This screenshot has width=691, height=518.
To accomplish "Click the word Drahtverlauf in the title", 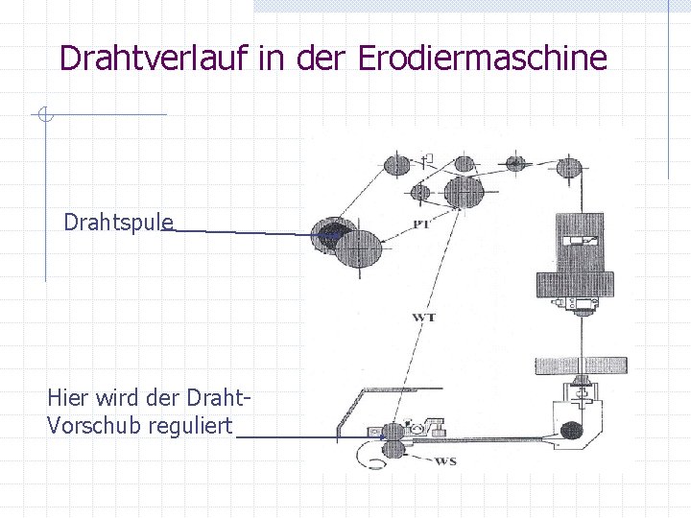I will pos(154,58).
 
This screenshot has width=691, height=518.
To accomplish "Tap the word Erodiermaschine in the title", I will pos(483,58).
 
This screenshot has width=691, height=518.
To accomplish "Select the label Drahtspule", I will pos(118,223).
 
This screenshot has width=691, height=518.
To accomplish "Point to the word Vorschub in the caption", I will pos(94,425).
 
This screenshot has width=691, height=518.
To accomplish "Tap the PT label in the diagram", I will pos(420,224).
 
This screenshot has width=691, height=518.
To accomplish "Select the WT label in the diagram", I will pos(423,317).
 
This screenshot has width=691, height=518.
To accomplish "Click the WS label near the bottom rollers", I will pos(445,461).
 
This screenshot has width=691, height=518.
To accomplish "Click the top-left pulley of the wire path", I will pos(396,164).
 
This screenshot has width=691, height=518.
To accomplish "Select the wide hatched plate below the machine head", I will pos(581,365).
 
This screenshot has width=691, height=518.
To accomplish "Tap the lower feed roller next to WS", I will pos(393,450).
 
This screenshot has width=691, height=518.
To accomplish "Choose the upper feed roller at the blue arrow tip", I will pos(393,432).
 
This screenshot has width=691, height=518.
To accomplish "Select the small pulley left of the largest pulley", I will pos(419,192).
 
